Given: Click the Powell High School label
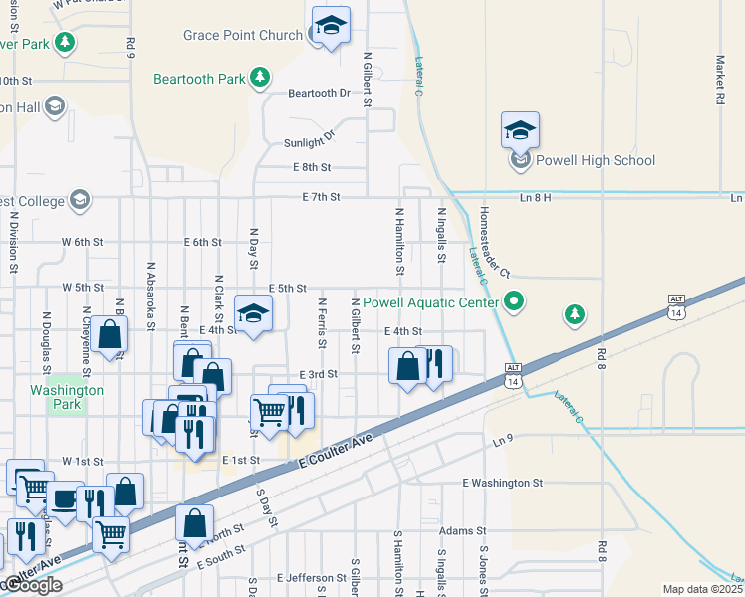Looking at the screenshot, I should tap(596, 160).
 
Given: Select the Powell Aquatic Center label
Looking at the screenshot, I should tap(430, 302).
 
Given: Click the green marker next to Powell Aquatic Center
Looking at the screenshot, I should tap(515, 299).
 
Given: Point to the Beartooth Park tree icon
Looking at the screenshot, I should tap(259, 76).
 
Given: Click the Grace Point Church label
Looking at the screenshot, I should tap(242, 35).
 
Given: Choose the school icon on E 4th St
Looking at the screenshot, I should tap(254, 315).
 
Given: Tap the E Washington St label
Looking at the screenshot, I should tap(502, 483).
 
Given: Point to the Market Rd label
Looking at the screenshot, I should tap(718, 80).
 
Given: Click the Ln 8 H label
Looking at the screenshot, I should tap(535, 198).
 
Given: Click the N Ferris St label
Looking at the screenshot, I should tap(321, 324).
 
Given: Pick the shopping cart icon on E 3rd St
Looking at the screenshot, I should tap(268, 410).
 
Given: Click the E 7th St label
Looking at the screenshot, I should tap(323, 198).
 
